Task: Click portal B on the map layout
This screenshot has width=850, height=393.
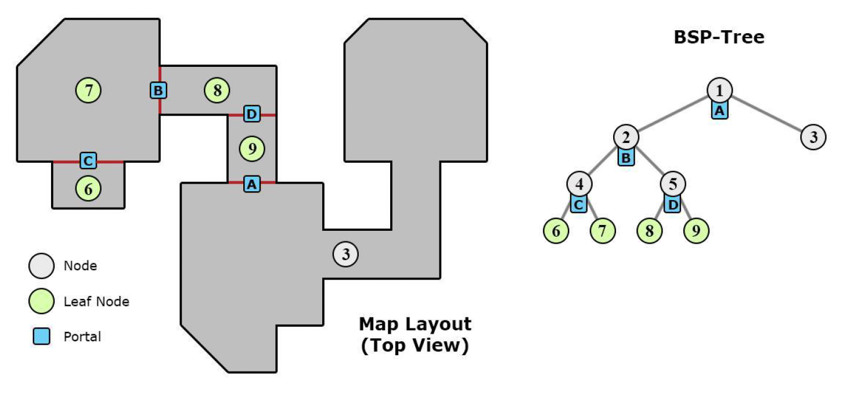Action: tap(159, 90)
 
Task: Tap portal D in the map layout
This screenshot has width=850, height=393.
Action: tap(251, 114)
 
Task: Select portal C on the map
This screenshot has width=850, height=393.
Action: tap(88, 160)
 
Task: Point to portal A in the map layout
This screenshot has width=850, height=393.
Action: tap(251, 184)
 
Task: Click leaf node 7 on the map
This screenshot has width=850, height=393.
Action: tap(88, 90)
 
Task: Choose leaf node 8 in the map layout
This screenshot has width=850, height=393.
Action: tap(217, 90)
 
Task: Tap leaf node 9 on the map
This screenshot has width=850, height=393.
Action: tap(251, 149)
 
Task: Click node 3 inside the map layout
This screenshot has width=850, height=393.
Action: tap(345, 254)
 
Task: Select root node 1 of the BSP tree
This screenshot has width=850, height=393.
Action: tap(719, 90)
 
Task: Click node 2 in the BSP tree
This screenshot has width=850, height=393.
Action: tap(626, 137)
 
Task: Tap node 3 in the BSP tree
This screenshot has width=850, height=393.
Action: tap(813, 137)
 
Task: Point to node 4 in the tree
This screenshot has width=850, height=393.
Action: tap(579, 184)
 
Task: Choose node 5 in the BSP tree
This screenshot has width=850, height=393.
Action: tap(673, 184)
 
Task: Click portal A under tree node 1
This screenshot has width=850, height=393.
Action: tap(719, 110)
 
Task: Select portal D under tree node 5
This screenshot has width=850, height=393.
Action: tap(672, 205)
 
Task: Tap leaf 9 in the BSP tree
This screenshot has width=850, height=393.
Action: tap(696, 231)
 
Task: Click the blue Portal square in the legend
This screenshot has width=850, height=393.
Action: tap(41, 337)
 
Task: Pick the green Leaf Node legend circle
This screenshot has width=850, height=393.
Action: tap(41, 301)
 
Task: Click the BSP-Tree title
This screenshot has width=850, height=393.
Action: tap(719, 38)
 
